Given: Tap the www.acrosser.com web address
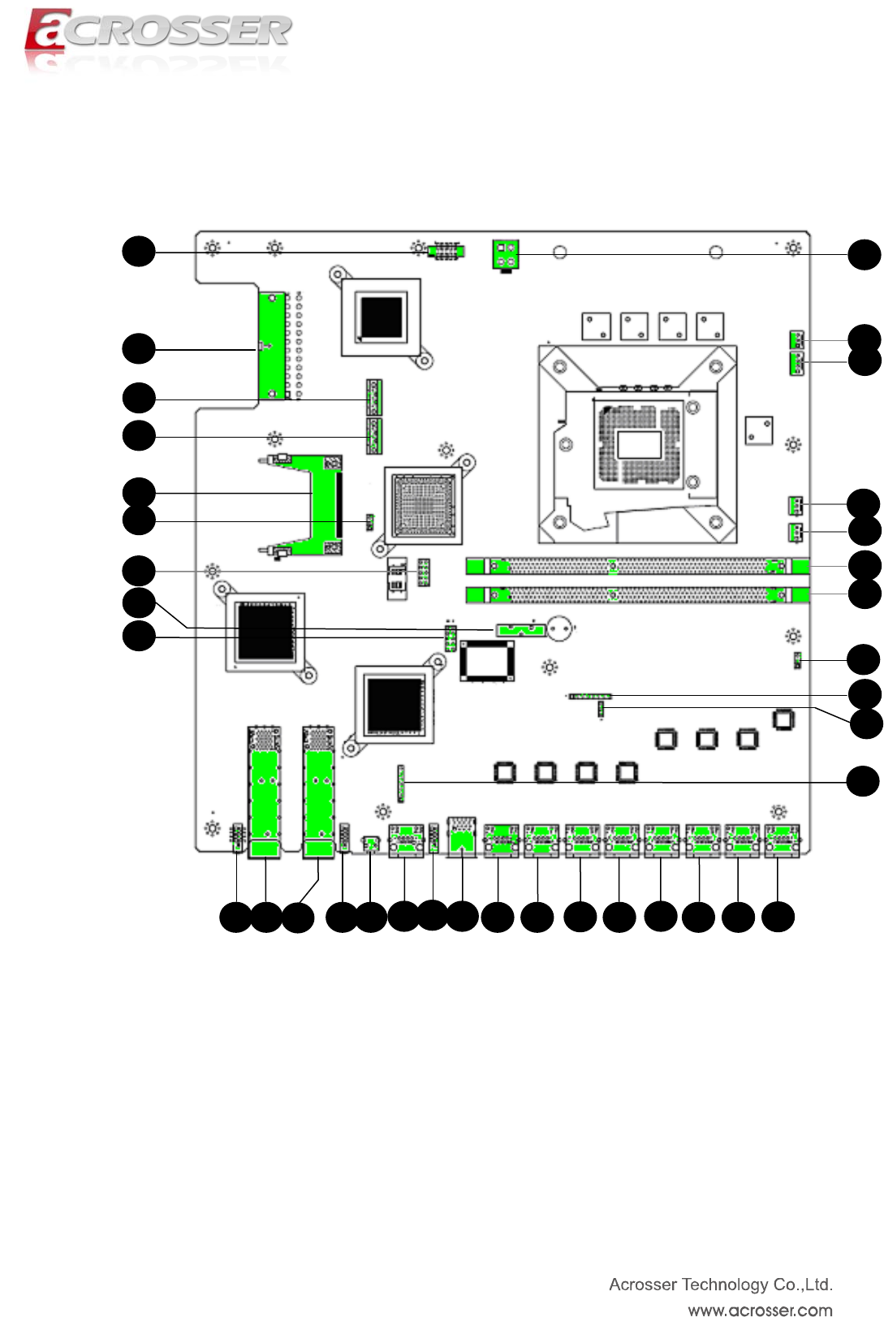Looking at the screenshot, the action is click(x=760, y=1310).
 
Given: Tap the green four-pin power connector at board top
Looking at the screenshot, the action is click(x=506, y=256).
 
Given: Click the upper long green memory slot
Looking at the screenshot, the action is click(x=638, y=567).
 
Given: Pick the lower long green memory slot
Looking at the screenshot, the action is click(x=638, y=595).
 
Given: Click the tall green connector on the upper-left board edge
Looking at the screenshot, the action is click(x=272, y=346).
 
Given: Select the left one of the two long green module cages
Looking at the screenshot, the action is click(x=265, y=792).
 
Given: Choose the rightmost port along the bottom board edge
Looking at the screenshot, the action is click(x=783, y=840).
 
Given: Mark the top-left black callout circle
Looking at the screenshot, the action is click(x=139, y=251).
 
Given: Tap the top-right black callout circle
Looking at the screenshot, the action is click(x=865, y=255).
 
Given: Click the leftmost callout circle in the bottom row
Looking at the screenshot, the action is click(x=235, y=918).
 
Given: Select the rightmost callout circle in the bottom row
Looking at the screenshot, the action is click(x=778, y=917).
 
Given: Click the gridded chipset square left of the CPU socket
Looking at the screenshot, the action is click(x=423, y=506).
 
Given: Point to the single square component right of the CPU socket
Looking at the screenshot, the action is click(x=759, y=431).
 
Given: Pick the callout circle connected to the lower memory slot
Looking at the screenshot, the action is click(x=865, y=594).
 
